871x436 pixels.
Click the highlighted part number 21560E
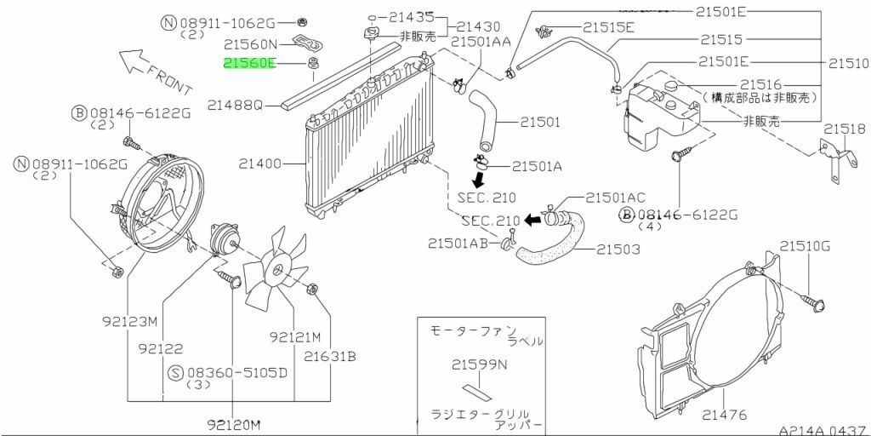coord(249,63)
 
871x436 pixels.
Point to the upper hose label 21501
coord(540,122)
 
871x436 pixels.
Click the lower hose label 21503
coord(618,250)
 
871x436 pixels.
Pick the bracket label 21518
coord(845,129)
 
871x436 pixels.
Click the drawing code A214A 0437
coord(823,430)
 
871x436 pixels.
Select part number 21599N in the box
coord(480,364)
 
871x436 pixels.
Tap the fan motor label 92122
coord(162,348)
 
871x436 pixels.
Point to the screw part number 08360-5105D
coord(238,373)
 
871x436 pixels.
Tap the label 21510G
coord(804,245)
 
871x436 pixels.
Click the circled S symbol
coord(175,373)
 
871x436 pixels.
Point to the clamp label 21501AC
coord(616,198)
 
